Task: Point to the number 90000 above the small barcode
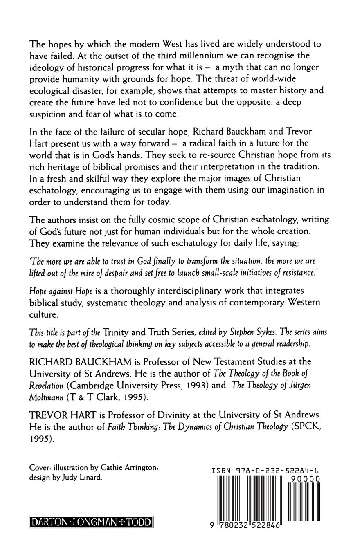pos(304,478)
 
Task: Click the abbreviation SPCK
pos(304,428)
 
